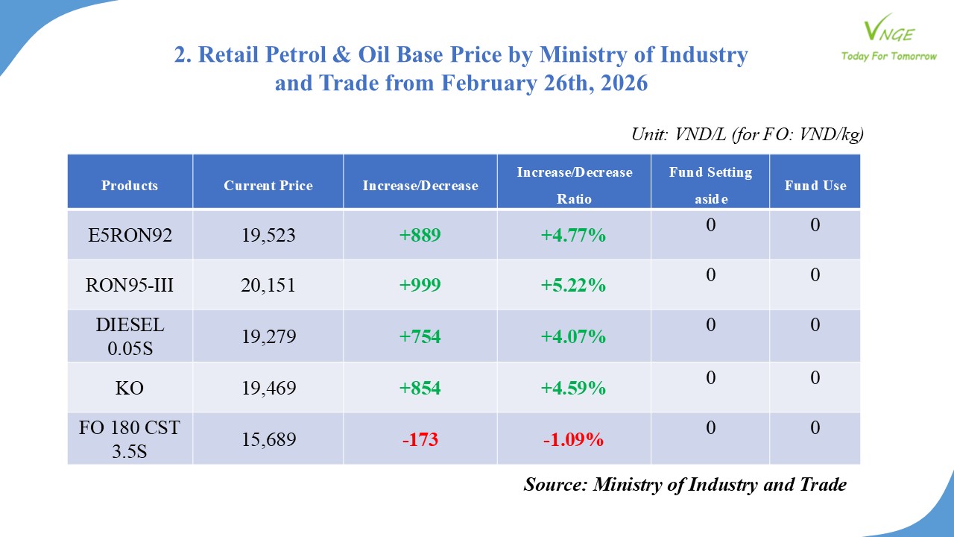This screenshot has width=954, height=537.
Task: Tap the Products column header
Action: [130, 186]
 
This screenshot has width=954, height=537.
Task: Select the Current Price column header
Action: [268, 186]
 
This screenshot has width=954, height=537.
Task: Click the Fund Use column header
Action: [815, 186]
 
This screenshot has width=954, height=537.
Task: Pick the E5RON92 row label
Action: [130, 236]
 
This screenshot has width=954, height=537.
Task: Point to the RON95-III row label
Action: [130, 285]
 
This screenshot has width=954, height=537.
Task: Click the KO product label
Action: [130, 388]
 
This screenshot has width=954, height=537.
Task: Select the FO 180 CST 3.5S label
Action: [130, 439]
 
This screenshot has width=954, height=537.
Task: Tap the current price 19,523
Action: [268, 236]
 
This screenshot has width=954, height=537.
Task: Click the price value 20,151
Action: [268, 285]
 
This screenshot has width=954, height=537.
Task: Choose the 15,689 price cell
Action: [268, 439]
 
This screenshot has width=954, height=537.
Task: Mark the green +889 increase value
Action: [420, 236]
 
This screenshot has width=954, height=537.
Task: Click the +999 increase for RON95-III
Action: [420, 285]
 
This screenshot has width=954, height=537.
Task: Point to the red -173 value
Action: [420, 439]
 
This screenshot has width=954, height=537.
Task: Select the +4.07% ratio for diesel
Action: [573, 336]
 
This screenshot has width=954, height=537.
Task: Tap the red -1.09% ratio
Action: [573, 439]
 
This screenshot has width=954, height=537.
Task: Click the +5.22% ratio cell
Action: [573, 285]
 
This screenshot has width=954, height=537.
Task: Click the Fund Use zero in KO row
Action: [815, 378]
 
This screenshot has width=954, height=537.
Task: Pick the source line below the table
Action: [685, 484]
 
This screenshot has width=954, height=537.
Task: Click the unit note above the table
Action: [747, 134]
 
